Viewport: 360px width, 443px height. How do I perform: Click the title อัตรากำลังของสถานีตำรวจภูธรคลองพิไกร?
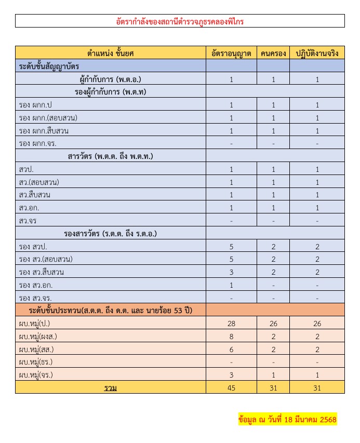tap(180, 21)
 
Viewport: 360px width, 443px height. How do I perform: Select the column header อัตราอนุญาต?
tap(231, 53)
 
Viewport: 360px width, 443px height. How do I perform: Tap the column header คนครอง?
tap(273, 53)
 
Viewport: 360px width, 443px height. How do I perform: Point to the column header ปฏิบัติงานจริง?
tap(317, 53)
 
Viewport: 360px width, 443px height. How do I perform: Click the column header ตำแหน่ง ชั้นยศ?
tap(111, 53)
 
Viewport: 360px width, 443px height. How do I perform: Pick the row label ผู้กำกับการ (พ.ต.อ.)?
tap(111, 79)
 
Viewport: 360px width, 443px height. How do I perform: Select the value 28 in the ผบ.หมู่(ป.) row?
tap(231, 324)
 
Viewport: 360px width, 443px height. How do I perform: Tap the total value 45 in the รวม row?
tap(231, 387)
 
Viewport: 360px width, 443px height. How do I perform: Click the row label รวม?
tap(111, 387)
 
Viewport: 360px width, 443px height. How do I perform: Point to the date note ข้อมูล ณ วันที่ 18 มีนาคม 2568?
tap(287, 419)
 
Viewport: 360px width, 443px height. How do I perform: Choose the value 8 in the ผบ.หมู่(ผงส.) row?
tap(231, 337)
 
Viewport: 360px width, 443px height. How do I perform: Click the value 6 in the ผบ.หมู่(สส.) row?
tap(231, 349)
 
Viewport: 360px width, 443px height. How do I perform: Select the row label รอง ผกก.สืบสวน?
tap(44, 130)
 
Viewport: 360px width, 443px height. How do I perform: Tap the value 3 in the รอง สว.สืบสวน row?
tap(231, 272)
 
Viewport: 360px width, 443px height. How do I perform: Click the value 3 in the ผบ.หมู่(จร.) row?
tap(231, 374)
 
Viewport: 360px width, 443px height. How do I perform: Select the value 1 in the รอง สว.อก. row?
tap(231, 285)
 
